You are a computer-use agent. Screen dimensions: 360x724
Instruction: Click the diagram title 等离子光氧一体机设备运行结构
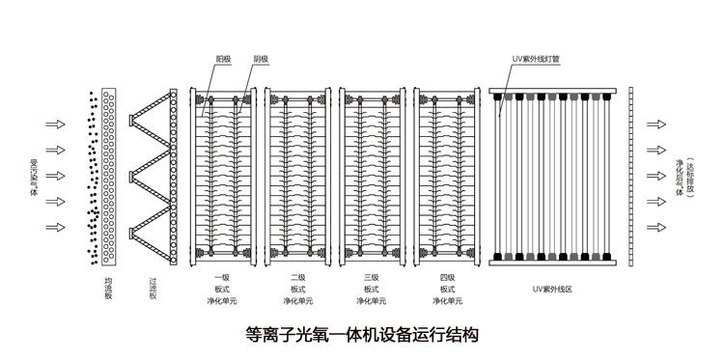pyautogui.click(x=362, y=335)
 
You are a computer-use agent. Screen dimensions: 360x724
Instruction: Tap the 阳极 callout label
pyautogui.click(x=224, y=58)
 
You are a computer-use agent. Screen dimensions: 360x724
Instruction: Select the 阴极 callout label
pyautogui.click(x=261, y=58)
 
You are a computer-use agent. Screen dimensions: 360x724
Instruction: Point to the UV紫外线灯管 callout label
pyautogui.click(x=535, y=58)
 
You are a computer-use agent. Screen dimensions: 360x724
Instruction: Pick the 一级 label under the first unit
pyautogui.click(x=221, y=276)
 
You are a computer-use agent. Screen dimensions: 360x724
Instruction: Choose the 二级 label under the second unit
pyautogui.click(x=297, y=276)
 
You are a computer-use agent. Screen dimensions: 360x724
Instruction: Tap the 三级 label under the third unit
pyautogui.click(x=372, y=276)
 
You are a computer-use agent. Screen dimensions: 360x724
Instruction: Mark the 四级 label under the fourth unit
pyautogui.click(x=447, y=276)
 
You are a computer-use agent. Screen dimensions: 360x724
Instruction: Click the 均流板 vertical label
pyautogui.click(x=108, y=289)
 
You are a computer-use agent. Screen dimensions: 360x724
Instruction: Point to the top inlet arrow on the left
pyautogui.click(x=55, y=125)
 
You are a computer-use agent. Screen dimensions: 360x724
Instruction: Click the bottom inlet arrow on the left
pyautogui.click(x=55, y=228)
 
